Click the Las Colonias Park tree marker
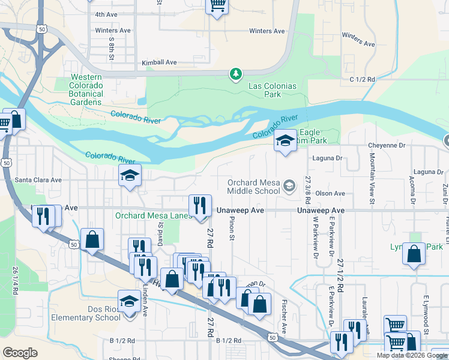pos(237,74)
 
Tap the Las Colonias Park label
pos(273,90)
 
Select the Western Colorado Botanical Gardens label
pos(87,89)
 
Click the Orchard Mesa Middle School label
pos(253,187)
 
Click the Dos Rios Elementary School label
pos(86,313)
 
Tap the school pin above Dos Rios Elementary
pos(129,302)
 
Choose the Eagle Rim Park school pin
pos(286,141)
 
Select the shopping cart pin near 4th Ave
pos(217,6)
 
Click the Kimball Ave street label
pos(159,62)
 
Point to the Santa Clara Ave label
pos(38,179)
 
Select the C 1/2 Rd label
pos(362,79)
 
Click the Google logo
pos(20,353)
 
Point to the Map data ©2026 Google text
pos(412,355)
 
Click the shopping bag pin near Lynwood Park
pos(414,254)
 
